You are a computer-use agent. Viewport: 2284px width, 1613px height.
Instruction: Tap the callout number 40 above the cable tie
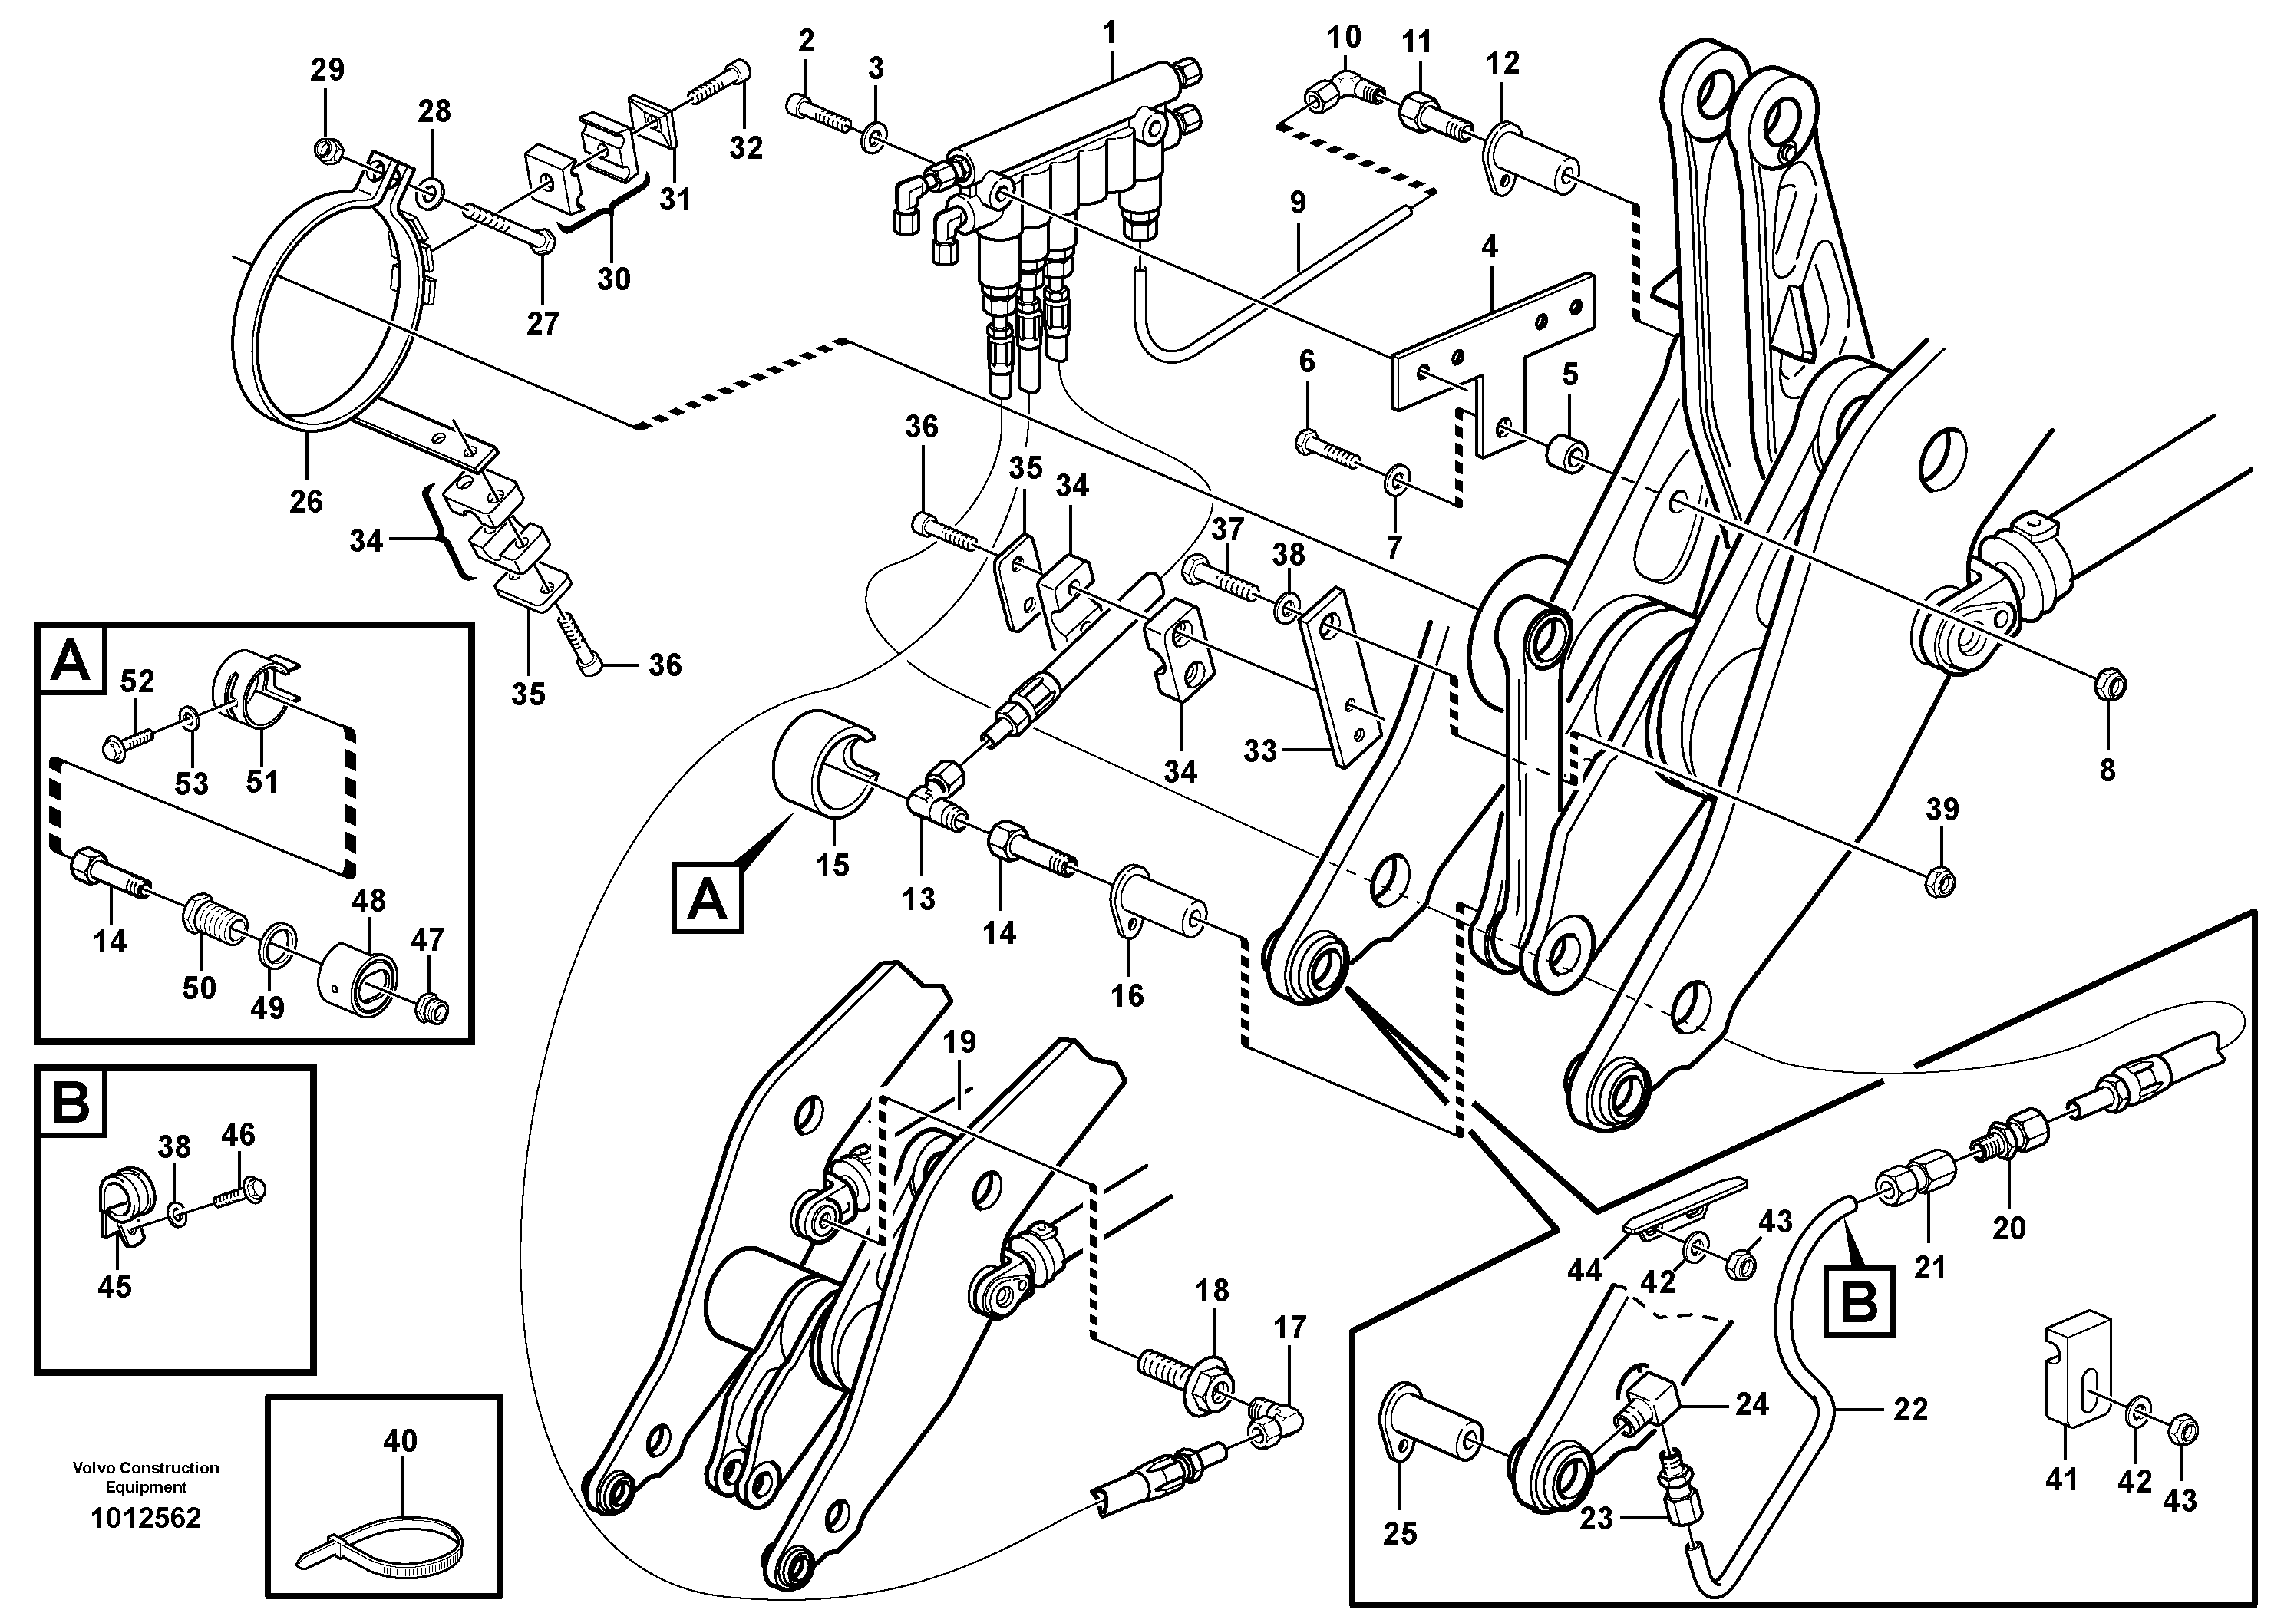(x=400, y=1440)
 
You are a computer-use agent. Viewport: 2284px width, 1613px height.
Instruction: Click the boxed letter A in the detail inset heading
(x=70, y=660)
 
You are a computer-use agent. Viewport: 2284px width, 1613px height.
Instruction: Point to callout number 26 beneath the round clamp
(x=305, y=500)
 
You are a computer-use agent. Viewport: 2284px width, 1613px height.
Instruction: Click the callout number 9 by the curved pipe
(x=1297, y=203)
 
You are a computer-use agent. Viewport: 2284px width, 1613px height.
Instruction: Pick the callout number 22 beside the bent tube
(x=1910, y=1408)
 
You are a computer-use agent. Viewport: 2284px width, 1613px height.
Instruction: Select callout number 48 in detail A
(x=368, y=901)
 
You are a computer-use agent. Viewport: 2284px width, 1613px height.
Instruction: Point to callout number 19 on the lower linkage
(x=959, y=1042)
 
